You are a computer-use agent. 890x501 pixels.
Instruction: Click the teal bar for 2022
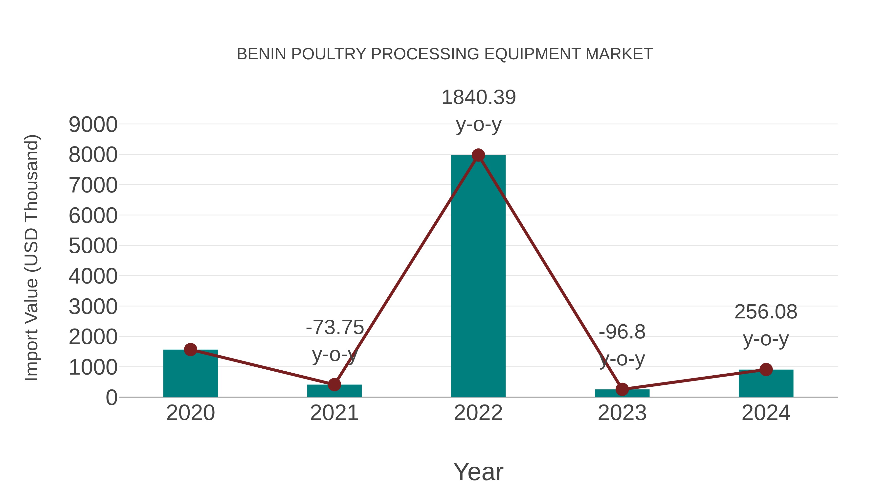[x=478, y=277]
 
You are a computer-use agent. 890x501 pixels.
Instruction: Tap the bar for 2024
[x=766, y=384]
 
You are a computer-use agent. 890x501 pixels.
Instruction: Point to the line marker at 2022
[x=478, y=155]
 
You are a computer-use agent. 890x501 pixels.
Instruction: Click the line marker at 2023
[x=622, y=389]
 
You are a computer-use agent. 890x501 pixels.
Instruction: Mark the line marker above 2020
[x=190, y=350]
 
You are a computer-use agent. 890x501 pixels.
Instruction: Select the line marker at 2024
[x=766, y=369]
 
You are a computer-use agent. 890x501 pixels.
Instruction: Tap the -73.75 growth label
[x=335, y=327]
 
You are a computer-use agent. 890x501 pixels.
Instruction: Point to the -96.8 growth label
[x=622, y=332]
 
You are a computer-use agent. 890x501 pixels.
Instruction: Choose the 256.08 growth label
[x=766, y=312]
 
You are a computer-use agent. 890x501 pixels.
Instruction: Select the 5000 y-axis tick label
[x=93, y=246]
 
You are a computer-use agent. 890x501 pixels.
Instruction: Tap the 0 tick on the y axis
[x=111, y=398]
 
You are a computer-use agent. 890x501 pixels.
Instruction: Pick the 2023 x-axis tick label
[x=622, y=413]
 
